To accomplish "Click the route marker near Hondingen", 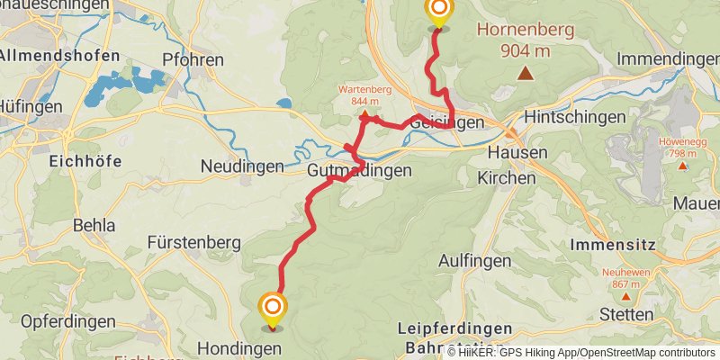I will [x=272, y=310].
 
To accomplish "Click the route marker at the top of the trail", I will [x=438, y=11].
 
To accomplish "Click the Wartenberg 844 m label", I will [x=364, y=94].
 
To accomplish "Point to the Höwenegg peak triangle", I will [x=683, y=166].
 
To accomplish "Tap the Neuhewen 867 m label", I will [x=625, y=277].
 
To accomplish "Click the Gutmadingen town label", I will [x=359, y=170].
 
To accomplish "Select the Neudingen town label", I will [x=242, y=166].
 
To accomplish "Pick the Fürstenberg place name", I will [x=194, y=242].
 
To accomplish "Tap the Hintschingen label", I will [x=574, y=117].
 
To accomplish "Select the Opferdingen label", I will [x=69, y=321].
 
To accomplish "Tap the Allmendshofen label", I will [x=59, y=56].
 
